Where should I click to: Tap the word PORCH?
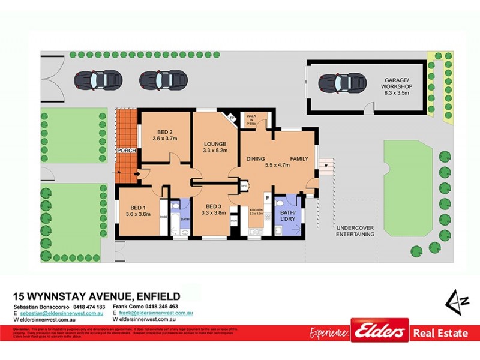(127, 151)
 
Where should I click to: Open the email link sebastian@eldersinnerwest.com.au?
(62, 313)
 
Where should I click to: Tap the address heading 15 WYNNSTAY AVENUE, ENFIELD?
(97, 296)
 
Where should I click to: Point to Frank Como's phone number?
(169, 307)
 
